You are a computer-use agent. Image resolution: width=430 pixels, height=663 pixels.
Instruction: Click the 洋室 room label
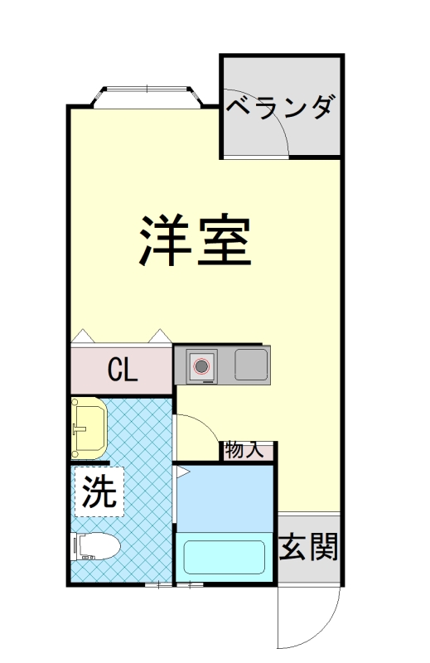pos(196,240)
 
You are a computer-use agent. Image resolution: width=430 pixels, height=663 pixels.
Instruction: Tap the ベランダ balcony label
pos(281,109)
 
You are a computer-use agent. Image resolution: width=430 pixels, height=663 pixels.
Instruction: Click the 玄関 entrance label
pos(307,547)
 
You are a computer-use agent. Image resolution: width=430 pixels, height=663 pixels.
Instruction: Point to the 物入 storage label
pos(244,451)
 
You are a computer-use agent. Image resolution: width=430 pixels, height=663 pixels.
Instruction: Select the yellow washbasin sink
pos(88,427)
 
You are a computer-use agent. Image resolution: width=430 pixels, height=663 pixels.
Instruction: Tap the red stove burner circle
pos(201,365)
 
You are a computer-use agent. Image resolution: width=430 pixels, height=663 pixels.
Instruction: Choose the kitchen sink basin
pos(251,365)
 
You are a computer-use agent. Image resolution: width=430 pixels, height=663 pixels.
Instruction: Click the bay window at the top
pos(146,96)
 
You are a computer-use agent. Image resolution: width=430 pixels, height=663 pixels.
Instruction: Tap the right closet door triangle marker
pos(157,336)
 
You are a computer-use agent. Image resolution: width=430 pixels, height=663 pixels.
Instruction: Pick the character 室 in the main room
pos(224,240)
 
